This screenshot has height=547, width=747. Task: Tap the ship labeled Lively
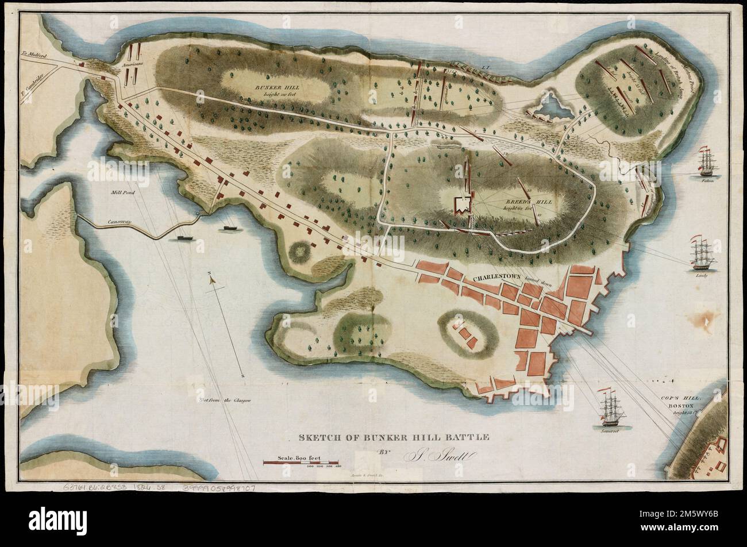[702, 254]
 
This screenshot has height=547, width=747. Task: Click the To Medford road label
[33, 56]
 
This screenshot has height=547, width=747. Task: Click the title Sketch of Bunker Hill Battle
[394, 437]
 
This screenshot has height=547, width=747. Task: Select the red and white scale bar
[301, 462]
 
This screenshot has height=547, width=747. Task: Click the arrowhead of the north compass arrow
[211, 278]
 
